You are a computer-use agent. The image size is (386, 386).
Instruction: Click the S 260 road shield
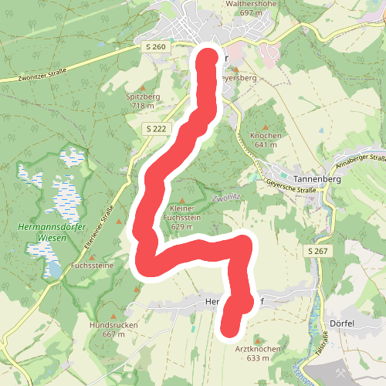pyautogui.click(x=155, y=47)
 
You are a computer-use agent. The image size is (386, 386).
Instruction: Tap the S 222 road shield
pyautogui.click(x=155, y=129)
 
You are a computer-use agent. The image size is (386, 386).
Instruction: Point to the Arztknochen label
pyautogui.click(x=258, y=349)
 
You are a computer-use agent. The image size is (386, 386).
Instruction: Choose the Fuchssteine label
pyautogui.click(x=92, y=265)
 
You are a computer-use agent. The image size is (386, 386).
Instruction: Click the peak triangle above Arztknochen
pyautogui.click(x=258, y=339)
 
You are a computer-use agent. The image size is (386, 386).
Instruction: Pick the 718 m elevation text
pyautogui.click(x=144, y=106)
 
